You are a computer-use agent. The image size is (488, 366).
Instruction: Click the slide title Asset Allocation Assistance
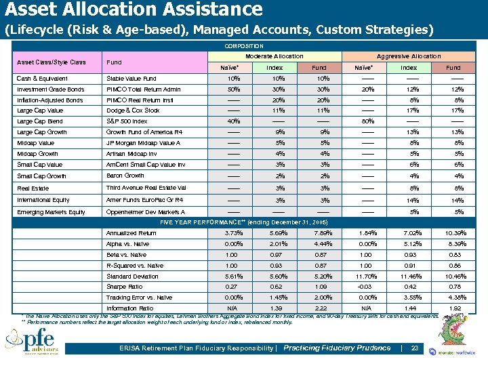pyautogui.click(x=134, y=9)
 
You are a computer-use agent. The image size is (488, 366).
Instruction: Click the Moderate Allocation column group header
pyautogui.click(x=274, y=56)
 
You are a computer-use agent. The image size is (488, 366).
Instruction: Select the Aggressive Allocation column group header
pyautogui.click(x=408, y=56)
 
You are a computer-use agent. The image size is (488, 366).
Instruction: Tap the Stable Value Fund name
pyautogui.click(x=131, y=79)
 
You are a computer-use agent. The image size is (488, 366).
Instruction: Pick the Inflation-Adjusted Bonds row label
pyautogui.click(x=50, y=100)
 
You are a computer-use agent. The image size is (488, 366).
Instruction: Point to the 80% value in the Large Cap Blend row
pyautogui.click(x=363, y=122)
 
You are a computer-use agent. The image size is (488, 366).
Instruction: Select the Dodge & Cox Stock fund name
pyautogui.click(x=133, y=110)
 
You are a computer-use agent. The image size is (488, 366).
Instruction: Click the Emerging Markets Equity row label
pyautogui.click(x=52, y=212)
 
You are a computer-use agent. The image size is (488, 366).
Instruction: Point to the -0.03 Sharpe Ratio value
pyautogui.click(x=363, y=287)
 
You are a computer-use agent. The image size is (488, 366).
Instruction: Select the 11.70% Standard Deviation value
pyautogui.click(x=363, y=276)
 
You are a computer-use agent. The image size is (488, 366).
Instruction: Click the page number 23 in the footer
pyautogui.click(x=415, y=348)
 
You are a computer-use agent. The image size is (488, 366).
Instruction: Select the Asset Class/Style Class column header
pyautogui.click(x=52, y=62)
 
